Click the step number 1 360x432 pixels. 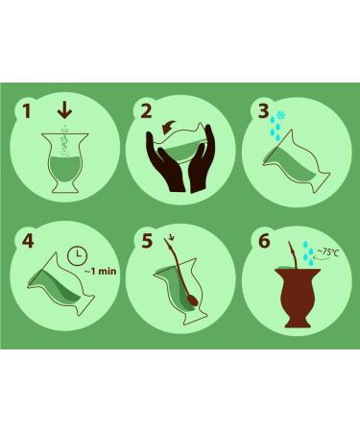click(x=27, y=111)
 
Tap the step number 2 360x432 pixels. click(x=146, y=111)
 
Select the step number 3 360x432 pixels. click(x=263, y=111)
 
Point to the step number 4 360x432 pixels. click(x=28, y=241)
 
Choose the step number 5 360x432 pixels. click(x=147, y=241)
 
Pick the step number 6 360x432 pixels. click(x=264, y=241)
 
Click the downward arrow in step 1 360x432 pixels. click(x=64, y=111)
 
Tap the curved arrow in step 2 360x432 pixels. click(x=169, y=127)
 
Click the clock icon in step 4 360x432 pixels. click(x=78, y=255)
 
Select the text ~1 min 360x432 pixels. click(x=100, y=272)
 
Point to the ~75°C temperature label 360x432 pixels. click(x=327, y=252)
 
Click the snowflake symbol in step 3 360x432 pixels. click(x=281, y=115)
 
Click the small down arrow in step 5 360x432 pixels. click(x=172, y=237)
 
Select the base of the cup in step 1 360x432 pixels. click(x=66, y=187)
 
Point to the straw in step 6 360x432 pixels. click(x=293, y=256)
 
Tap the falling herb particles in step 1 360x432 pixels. click(x=65, y=140)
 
